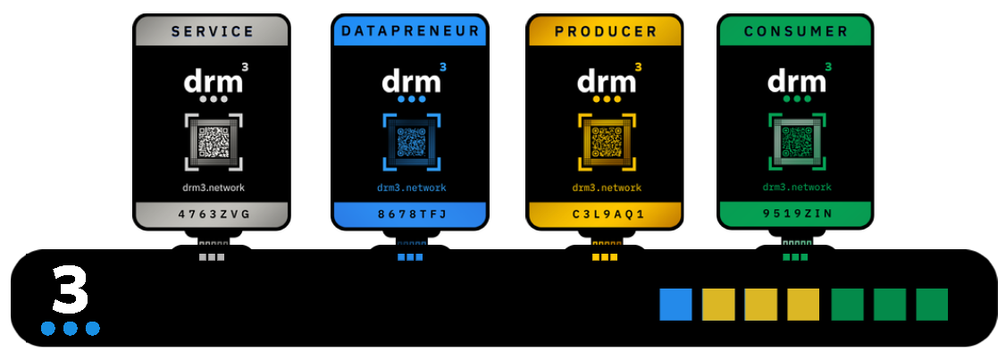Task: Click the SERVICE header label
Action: coord(213,31)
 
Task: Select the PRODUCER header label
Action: coord(606,31)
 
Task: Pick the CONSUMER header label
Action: coord(796,31)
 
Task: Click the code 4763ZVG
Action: coord(213,214)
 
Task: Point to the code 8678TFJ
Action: coord(411,214)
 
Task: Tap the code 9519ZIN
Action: coord(796,214)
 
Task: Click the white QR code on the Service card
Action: coord(214,142)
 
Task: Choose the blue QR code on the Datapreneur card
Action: coord(411,142)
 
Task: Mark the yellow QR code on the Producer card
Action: coord(607,142)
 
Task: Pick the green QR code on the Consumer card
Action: coord(797,142)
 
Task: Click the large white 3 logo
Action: coord(71,289)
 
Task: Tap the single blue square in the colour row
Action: coord(675,305)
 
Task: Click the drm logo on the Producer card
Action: coord(607,82)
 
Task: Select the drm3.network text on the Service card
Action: coord(214,188)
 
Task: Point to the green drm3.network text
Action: coord(797,188)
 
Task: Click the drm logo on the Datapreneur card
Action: coord(411,82)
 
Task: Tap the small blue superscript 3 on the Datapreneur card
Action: coord(443,66)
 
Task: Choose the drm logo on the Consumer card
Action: coord(797,82)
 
